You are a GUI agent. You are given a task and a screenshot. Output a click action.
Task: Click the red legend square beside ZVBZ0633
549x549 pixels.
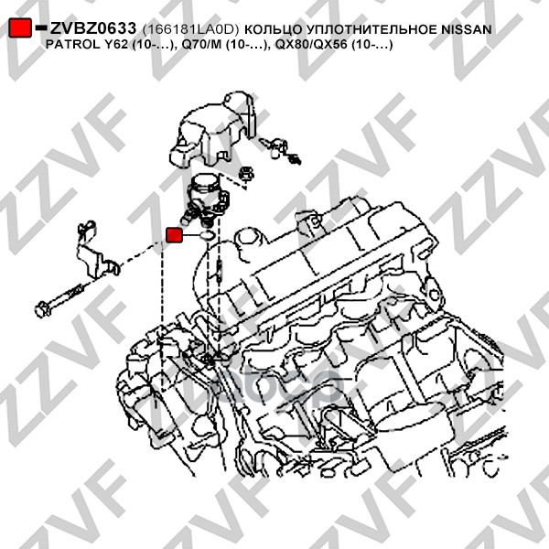20,27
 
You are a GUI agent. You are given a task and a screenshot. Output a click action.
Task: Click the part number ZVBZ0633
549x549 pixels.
92,28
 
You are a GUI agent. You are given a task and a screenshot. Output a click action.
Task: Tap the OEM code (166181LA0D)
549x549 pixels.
190,29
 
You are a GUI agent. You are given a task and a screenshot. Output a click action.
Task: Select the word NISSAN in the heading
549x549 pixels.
467,29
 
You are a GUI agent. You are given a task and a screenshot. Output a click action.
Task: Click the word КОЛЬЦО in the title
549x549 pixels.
273,30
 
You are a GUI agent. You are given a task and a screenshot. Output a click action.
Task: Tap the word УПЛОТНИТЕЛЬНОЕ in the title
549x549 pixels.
371,29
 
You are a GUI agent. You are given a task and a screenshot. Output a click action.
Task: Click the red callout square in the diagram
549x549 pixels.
174,235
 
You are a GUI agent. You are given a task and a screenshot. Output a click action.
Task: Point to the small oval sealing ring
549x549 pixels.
208,235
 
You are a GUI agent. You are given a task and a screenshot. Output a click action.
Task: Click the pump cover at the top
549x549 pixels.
211,130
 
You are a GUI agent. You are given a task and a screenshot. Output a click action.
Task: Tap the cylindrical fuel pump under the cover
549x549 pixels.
206,198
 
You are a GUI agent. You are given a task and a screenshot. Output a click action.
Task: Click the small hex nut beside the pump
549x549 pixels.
246,174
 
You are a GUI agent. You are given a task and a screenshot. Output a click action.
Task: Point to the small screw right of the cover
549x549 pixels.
281,149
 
